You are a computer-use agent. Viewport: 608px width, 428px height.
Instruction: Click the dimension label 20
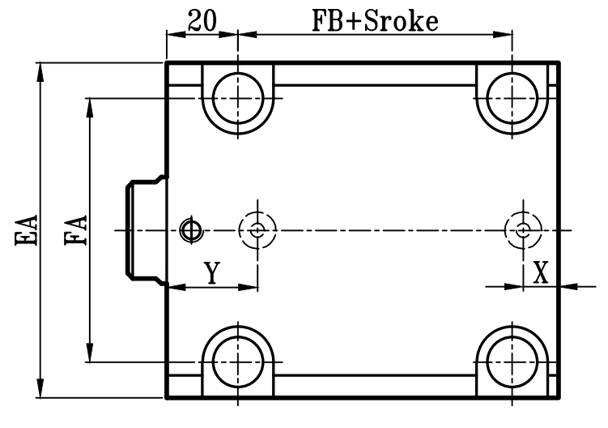(x=201, y=20)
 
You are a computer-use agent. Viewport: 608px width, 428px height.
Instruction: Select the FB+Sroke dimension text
(x=375, y=20)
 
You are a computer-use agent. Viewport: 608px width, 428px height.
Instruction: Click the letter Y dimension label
(x=210, y=273)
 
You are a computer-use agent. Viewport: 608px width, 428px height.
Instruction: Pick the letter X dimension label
(x=541, y=272)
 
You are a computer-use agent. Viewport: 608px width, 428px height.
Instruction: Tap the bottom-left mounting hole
(x=238, y=362)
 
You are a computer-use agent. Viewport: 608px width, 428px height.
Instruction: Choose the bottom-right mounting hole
(x=512, y=362)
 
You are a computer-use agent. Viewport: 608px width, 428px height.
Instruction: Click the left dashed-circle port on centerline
(x=257, y=229)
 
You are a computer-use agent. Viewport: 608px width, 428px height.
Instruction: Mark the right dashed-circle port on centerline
(x=523, y=229)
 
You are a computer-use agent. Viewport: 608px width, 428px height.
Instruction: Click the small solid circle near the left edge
(x=190, y=229)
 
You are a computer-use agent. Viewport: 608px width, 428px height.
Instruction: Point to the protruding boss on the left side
(x=144, y=229)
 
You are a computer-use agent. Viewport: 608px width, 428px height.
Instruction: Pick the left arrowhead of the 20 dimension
(x=173, y=34)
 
